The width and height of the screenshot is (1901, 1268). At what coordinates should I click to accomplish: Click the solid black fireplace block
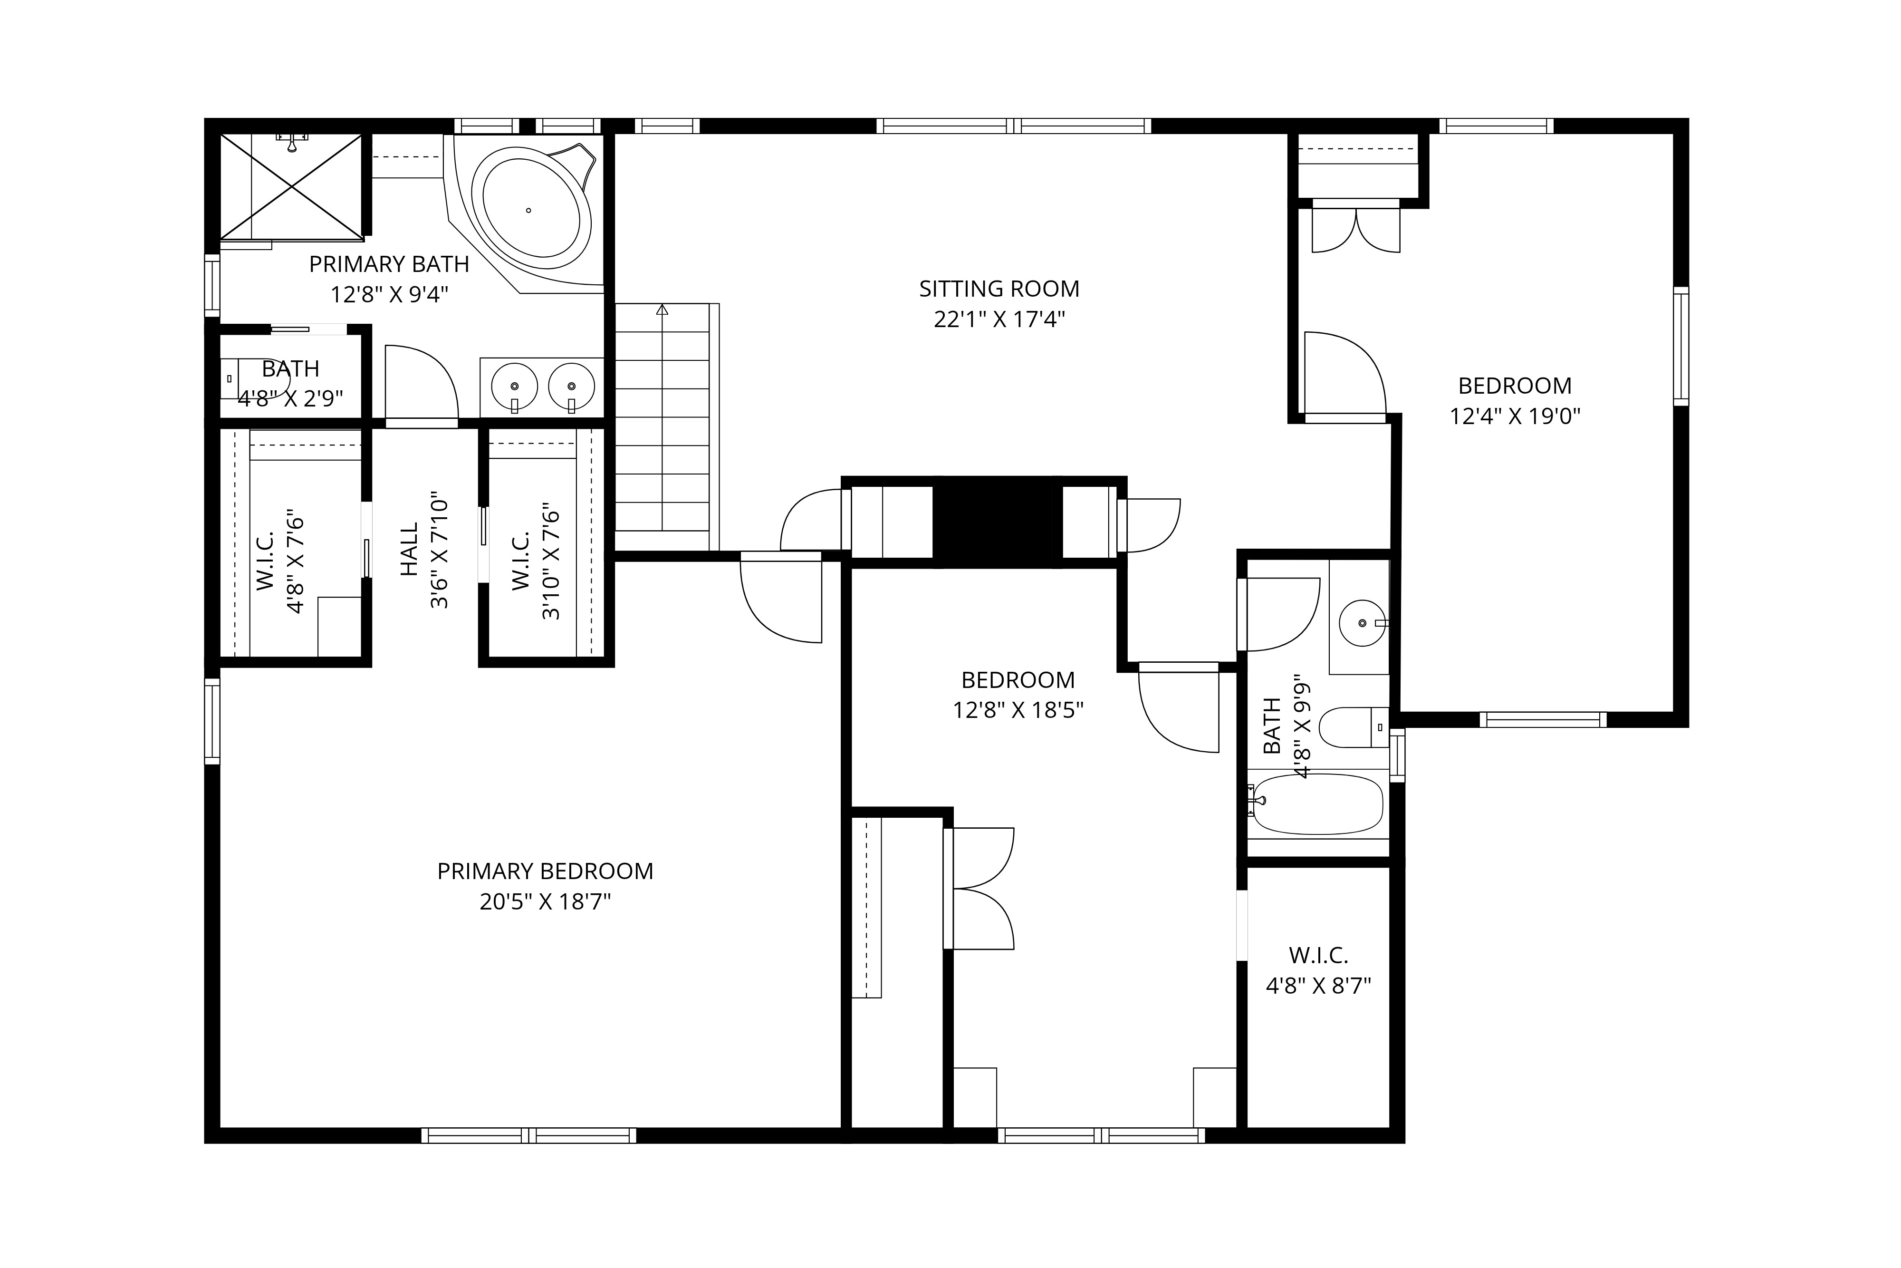coord(998,522)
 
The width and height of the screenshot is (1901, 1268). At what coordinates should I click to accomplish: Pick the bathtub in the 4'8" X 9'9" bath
coord(1317,804)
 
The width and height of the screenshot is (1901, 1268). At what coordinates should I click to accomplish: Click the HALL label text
coord(410,549)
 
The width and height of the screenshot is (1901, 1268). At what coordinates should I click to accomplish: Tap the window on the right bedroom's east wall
coord(1680,346)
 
